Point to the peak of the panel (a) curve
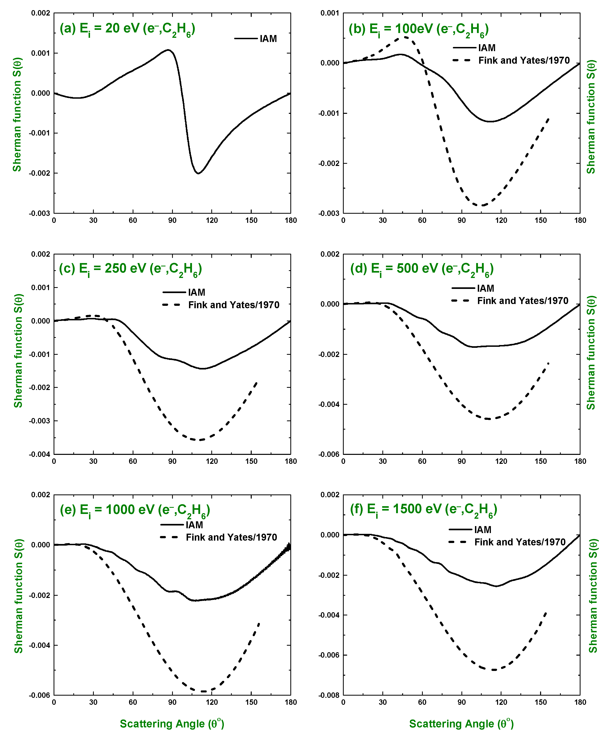(168, 50)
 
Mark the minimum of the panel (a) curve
(198, 173)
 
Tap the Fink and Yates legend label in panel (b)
(524, 60)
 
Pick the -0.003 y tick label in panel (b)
(328, 213)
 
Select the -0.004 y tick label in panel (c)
(39, 454)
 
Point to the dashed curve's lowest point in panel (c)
(200, 440)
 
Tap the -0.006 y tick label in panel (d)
(328, 454)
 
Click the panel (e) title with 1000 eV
(135, 510)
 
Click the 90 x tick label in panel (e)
(172, 702)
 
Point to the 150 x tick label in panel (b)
(540, 220)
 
